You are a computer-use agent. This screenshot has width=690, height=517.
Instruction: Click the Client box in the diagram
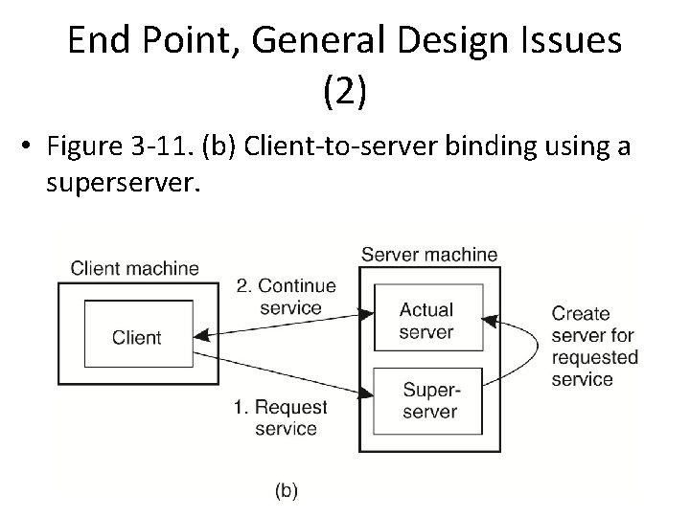tap(137, 337)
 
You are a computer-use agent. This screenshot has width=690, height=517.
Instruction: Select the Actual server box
tap(426, 321)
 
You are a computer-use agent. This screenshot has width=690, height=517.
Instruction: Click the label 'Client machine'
tap(135, 267)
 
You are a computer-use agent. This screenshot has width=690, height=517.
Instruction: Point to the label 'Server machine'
tap(428, 255)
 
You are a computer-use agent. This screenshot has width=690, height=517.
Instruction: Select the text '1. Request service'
tap(280, 417)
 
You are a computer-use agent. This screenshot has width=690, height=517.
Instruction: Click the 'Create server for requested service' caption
tap(594, 346)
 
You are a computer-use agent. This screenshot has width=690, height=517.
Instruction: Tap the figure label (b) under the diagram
tap(287, 491)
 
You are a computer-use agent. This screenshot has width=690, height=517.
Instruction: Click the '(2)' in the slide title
tap(345, 92)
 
